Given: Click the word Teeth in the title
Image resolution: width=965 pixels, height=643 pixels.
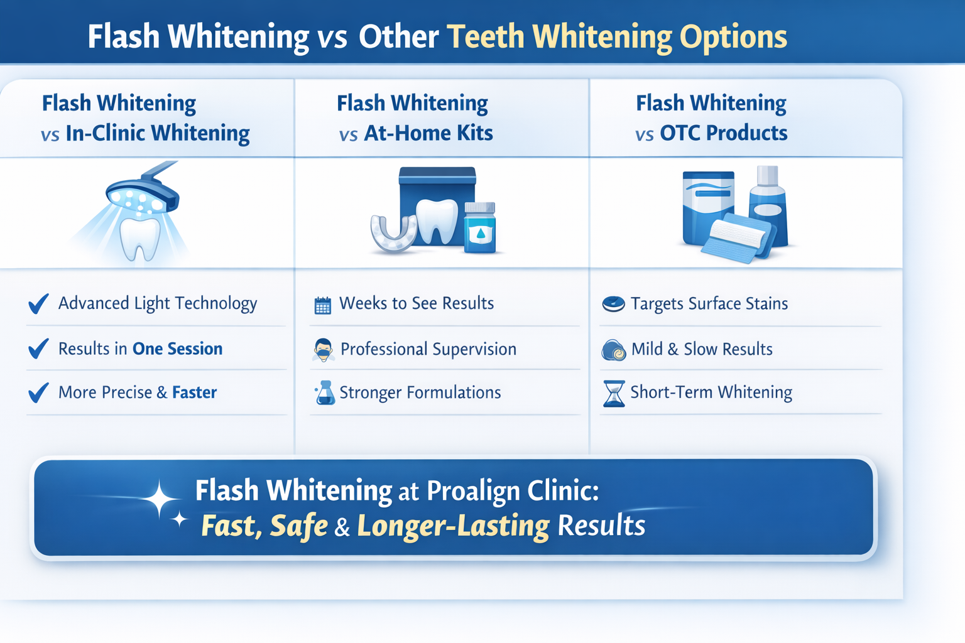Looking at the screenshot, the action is tap(485, 36).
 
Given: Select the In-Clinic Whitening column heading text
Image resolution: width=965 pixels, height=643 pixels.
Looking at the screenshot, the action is tap(158, 132).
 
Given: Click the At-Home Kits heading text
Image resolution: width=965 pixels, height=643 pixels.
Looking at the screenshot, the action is tap(428, 132).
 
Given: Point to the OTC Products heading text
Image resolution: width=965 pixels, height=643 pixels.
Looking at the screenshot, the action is tap(723, 132).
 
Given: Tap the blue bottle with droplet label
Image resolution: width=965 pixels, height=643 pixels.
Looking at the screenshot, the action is tap(479, 227).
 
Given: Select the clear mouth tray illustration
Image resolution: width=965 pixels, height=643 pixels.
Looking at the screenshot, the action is tap(393, 232).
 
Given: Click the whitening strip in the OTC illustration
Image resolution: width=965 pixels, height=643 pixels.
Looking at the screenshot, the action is tap(737, 237).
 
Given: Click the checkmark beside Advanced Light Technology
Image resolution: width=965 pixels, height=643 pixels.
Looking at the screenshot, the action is tap(38, 304).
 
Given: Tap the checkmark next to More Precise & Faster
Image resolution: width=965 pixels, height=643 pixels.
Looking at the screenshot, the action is tap(38, 392).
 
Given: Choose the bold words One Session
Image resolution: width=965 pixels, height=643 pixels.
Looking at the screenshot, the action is tap(177, 349).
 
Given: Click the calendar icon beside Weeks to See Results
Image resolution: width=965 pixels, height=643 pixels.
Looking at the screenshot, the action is tap(323, 305).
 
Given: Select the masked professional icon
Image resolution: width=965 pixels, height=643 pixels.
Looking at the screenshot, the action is tap(323, 350).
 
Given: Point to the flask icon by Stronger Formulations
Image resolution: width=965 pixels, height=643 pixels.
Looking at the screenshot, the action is tap(325, 392).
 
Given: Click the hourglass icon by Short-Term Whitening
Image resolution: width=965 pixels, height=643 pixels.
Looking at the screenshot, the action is tap(614, 393).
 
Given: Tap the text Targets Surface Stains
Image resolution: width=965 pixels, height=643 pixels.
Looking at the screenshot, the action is tap(709, 304).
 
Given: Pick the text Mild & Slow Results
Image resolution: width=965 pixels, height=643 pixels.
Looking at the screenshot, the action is tap(702, 349).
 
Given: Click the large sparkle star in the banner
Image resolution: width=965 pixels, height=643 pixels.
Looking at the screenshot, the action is tap(160, 499).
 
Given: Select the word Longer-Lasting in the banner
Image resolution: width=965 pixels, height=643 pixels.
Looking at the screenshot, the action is tap(453, 526).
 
